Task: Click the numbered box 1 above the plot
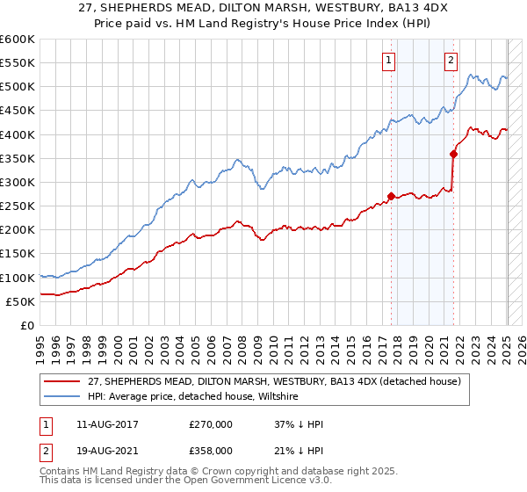pos(388,61)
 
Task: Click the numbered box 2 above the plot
pos(451,61)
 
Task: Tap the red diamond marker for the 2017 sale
pos(391,197)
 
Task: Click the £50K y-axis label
pos(20,301)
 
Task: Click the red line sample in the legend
pos(61,380)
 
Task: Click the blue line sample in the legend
pos(61,397)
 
